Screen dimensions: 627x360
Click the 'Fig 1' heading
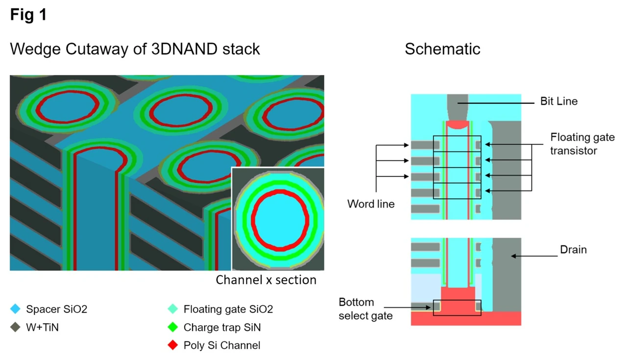[28, 15]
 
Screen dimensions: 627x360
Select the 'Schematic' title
[442, 49]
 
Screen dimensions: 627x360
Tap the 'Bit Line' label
[559, 101]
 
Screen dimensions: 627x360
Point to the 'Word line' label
[371, 204]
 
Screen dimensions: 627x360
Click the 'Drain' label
[573, 249]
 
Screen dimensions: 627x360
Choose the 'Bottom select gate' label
[365, 309]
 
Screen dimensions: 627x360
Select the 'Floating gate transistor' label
[582, 144]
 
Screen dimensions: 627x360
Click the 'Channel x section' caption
[266, 280]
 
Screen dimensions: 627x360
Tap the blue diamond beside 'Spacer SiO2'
[15, 309]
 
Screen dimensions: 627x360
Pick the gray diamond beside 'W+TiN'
[15, 327]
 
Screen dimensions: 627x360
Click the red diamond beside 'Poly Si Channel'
[173, 345]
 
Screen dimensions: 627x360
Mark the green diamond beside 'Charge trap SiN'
[173, 327]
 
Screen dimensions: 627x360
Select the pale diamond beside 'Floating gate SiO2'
[173, 309]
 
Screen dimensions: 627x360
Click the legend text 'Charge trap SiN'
[222, 327]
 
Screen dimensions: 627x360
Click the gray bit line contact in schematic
[458, 108]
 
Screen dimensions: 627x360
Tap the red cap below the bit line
[458, 125]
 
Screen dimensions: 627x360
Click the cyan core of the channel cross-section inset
[280, 220]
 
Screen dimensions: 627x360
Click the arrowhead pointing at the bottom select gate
[428, 308]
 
